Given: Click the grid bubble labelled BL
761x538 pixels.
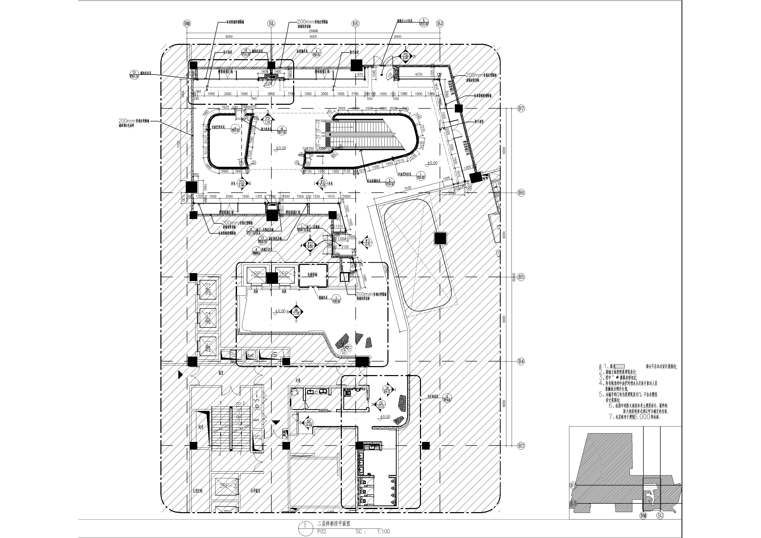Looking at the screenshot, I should [271, 23].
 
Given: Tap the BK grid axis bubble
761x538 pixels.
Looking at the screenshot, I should [356, 23].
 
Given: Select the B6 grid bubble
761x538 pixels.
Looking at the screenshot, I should [521, 193].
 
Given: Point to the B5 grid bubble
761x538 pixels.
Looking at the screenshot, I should [521, 277].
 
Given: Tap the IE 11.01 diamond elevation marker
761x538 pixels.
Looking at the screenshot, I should [296, 311].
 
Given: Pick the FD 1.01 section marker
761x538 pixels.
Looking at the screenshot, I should [268, 120].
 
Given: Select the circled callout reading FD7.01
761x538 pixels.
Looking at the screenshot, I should [282, 130].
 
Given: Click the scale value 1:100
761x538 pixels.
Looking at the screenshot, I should [384, 531].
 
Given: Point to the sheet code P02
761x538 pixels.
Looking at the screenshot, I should [322, 531].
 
